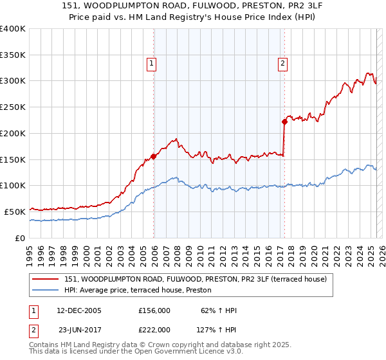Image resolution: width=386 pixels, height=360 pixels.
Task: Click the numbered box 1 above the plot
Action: pyautogui.click(x=151, y=63)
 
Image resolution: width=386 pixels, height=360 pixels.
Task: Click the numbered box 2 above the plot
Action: pyautogui.click(x=283, y=63)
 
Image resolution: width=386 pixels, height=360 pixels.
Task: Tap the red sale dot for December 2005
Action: pyautogui.click(x=154, y=156)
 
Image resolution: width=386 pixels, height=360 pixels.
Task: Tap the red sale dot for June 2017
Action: pyautogui.click(x=284, y=121)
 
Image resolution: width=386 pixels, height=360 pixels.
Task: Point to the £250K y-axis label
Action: pyautogui.click(x=13, y=107)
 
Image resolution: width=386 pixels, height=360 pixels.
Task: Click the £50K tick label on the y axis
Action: pyautogui.click(x=15, y=212)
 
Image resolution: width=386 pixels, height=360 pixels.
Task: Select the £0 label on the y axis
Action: pyautogui.click(x=21, y=238)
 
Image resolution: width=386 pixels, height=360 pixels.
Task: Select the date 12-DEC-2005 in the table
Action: pyautogui.click(x=79, y=310)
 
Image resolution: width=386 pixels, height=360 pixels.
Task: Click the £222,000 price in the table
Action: pyautogui.click(x=154, y=330)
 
